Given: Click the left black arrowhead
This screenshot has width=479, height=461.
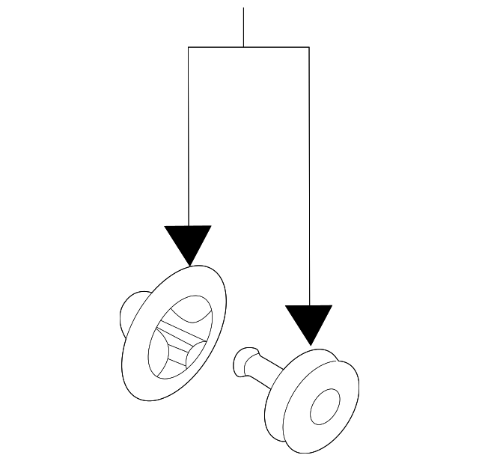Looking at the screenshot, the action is [x=189, y=241].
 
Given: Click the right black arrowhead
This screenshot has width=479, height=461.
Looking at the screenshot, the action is [x=309, y=321].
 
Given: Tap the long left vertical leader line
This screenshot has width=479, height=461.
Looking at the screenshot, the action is [x=189, y=135].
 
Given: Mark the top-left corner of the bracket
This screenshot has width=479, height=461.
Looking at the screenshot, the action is [x=189, y=47].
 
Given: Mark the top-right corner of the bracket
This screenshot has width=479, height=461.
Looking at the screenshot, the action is [x=309, y=47].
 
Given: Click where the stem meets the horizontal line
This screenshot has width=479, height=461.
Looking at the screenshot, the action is [x=244, y=47].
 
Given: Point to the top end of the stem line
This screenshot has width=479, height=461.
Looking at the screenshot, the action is [x=244, y=9].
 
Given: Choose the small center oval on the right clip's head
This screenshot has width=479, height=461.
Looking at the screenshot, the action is [x=324, y=406].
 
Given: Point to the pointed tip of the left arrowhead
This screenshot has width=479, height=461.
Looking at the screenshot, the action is [x=189, y=264].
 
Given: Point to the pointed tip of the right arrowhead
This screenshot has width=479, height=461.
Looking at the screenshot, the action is [x=309, y=345].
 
